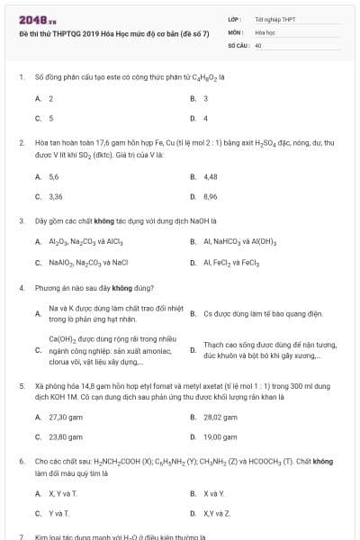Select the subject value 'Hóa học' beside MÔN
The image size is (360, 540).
(x=264, y=31)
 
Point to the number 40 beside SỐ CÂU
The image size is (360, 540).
(x=258, y=44)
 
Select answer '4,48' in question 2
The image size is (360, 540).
(x=211, y=176)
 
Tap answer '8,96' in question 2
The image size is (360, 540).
(x=211, y=195)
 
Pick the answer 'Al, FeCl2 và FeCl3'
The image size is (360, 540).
(x=231, y=262)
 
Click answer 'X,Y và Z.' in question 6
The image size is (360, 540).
(x=217, y=513)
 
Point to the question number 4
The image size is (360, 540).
(x=21, y=288)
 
